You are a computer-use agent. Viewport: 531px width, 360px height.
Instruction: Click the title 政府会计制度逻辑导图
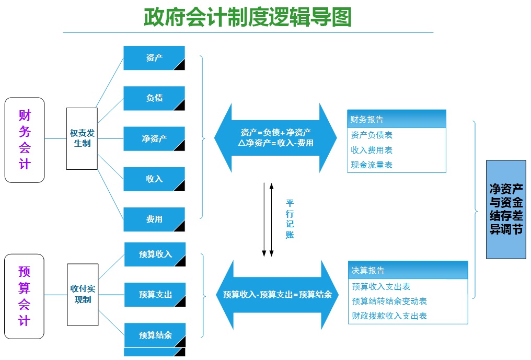[x=248, y=17]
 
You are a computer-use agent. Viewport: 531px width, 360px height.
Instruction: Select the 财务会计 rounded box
[x=25, y=140]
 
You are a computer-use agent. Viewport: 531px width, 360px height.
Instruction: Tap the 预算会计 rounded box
[x=25, y=296]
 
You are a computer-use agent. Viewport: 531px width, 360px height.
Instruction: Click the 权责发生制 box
[x=82, y=138]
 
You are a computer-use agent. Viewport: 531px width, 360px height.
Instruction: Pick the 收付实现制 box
[x=83, y=294]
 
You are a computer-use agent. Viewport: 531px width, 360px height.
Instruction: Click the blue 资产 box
[x=154, y=58]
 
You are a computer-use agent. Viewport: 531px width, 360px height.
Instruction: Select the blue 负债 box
[x=154, y=98]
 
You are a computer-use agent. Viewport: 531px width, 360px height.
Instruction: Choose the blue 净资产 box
[x=154, y=138]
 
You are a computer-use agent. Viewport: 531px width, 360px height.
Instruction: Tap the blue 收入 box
[x=154, y=179]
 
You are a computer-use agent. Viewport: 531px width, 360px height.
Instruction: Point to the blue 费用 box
[x=154, y=219]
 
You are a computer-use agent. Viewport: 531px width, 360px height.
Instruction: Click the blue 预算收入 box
[x=155, y=254]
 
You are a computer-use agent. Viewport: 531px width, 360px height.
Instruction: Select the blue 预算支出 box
[x=155, y=295]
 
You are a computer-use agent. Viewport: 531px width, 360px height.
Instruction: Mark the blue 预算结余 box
[x=155, y=335]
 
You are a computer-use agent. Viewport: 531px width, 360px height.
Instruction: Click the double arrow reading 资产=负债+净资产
[x=275, y=137]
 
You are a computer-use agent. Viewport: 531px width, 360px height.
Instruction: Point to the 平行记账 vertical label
[x=290, y=218]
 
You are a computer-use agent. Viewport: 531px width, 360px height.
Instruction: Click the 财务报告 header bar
[x=397, y=119]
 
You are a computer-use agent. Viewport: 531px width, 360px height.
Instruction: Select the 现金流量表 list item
[x=372, y=165]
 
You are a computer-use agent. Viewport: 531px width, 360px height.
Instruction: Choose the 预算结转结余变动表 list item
[x=389, y=301]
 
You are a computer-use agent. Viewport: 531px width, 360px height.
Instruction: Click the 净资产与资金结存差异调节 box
[x=506, y=209]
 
